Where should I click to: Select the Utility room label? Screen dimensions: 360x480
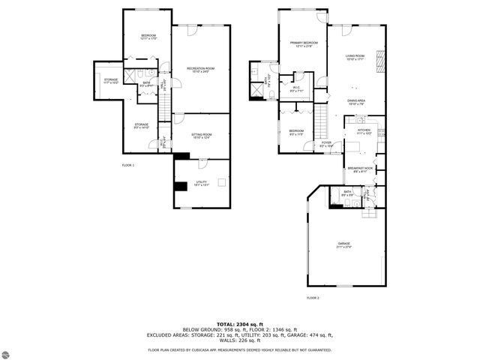(202, 182)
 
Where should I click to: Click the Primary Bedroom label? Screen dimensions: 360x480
(302, 44)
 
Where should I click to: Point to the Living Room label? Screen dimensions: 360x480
(355, 57)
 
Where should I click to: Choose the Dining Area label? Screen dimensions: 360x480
(355, 101)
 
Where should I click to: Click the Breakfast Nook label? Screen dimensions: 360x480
(359, 169)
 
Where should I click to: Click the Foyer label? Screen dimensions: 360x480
(326, 143)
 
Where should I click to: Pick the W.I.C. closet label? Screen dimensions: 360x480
(296, 89)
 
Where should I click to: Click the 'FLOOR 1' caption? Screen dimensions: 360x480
(127, 164)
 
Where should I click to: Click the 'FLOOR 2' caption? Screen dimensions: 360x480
(313, 298)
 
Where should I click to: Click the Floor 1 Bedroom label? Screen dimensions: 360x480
(147, 37)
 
